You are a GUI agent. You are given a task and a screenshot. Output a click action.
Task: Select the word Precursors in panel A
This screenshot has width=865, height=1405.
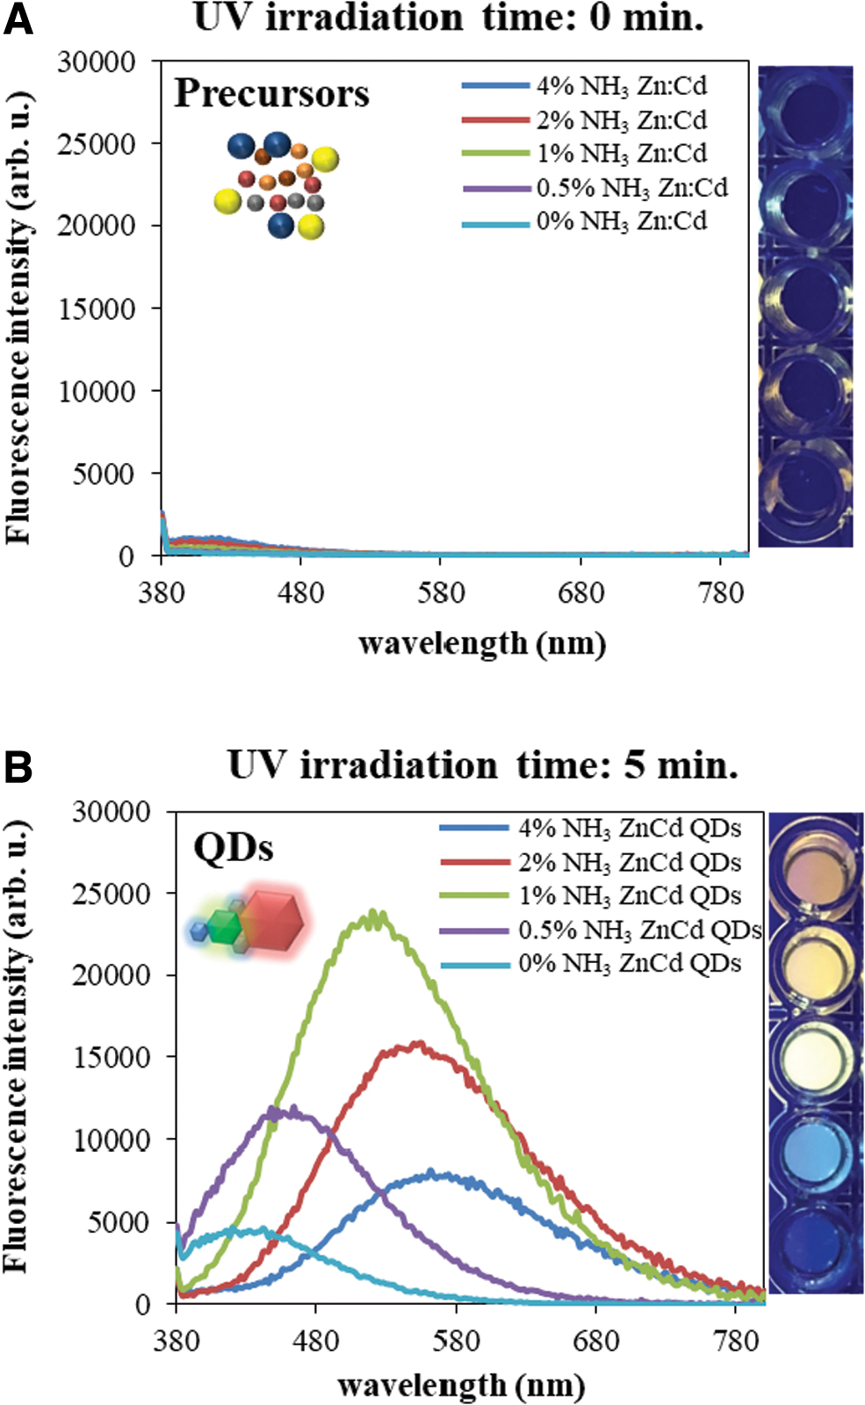(271, 94)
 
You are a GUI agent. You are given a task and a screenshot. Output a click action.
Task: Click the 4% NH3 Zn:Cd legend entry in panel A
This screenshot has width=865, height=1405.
(584, 86)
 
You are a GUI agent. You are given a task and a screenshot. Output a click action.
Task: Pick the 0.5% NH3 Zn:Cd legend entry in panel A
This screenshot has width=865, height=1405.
(595, 187)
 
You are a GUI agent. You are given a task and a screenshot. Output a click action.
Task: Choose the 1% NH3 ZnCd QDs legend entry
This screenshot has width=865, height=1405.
(590, 895)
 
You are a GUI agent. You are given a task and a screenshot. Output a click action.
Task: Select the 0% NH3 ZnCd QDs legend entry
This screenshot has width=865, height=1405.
(590, 963)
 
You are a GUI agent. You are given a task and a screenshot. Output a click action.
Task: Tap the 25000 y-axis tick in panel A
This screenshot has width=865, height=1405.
(96, 143)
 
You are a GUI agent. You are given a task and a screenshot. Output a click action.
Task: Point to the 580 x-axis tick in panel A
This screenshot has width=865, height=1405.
(441, 592)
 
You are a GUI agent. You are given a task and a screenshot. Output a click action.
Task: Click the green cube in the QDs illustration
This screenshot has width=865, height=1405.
(224, 927)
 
